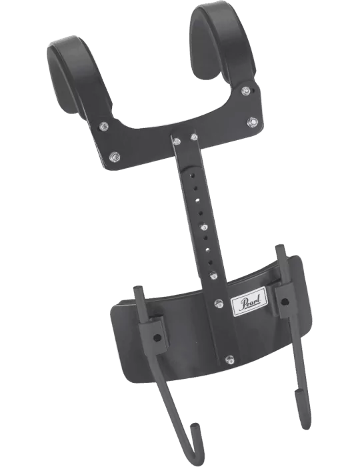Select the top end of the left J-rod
138,288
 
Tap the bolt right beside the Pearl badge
219,304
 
